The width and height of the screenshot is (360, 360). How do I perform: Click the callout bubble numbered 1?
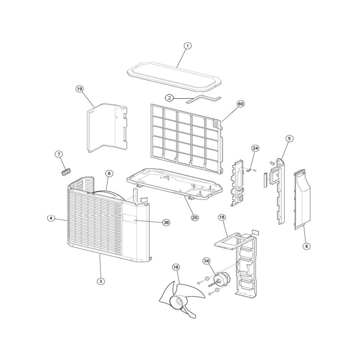point(188,46)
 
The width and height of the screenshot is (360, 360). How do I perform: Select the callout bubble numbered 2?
point(170,98)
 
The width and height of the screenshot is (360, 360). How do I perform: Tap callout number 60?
point(240,104)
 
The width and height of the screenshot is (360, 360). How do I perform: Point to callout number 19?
point(80,89)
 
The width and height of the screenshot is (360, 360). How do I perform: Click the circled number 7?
point(59,154)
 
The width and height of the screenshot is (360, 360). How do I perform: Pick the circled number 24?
point(255,148)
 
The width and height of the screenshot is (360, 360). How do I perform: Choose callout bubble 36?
point(166,222)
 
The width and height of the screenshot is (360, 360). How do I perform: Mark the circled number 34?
point(207,261)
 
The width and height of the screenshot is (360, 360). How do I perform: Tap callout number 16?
point(176,267)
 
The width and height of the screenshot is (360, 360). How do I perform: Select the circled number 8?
point(306,246)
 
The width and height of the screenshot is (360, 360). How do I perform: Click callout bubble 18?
point(222,217)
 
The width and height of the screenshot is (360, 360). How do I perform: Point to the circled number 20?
point(195,217)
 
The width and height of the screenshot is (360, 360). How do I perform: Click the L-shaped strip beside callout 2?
point(203,99)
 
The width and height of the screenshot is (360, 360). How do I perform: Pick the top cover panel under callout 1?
point(174,76)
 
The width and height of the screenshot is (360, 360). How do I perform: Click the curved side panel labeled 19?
point(107,128)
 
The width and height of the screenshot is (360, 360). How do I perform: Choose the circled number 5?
point(289,139)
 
